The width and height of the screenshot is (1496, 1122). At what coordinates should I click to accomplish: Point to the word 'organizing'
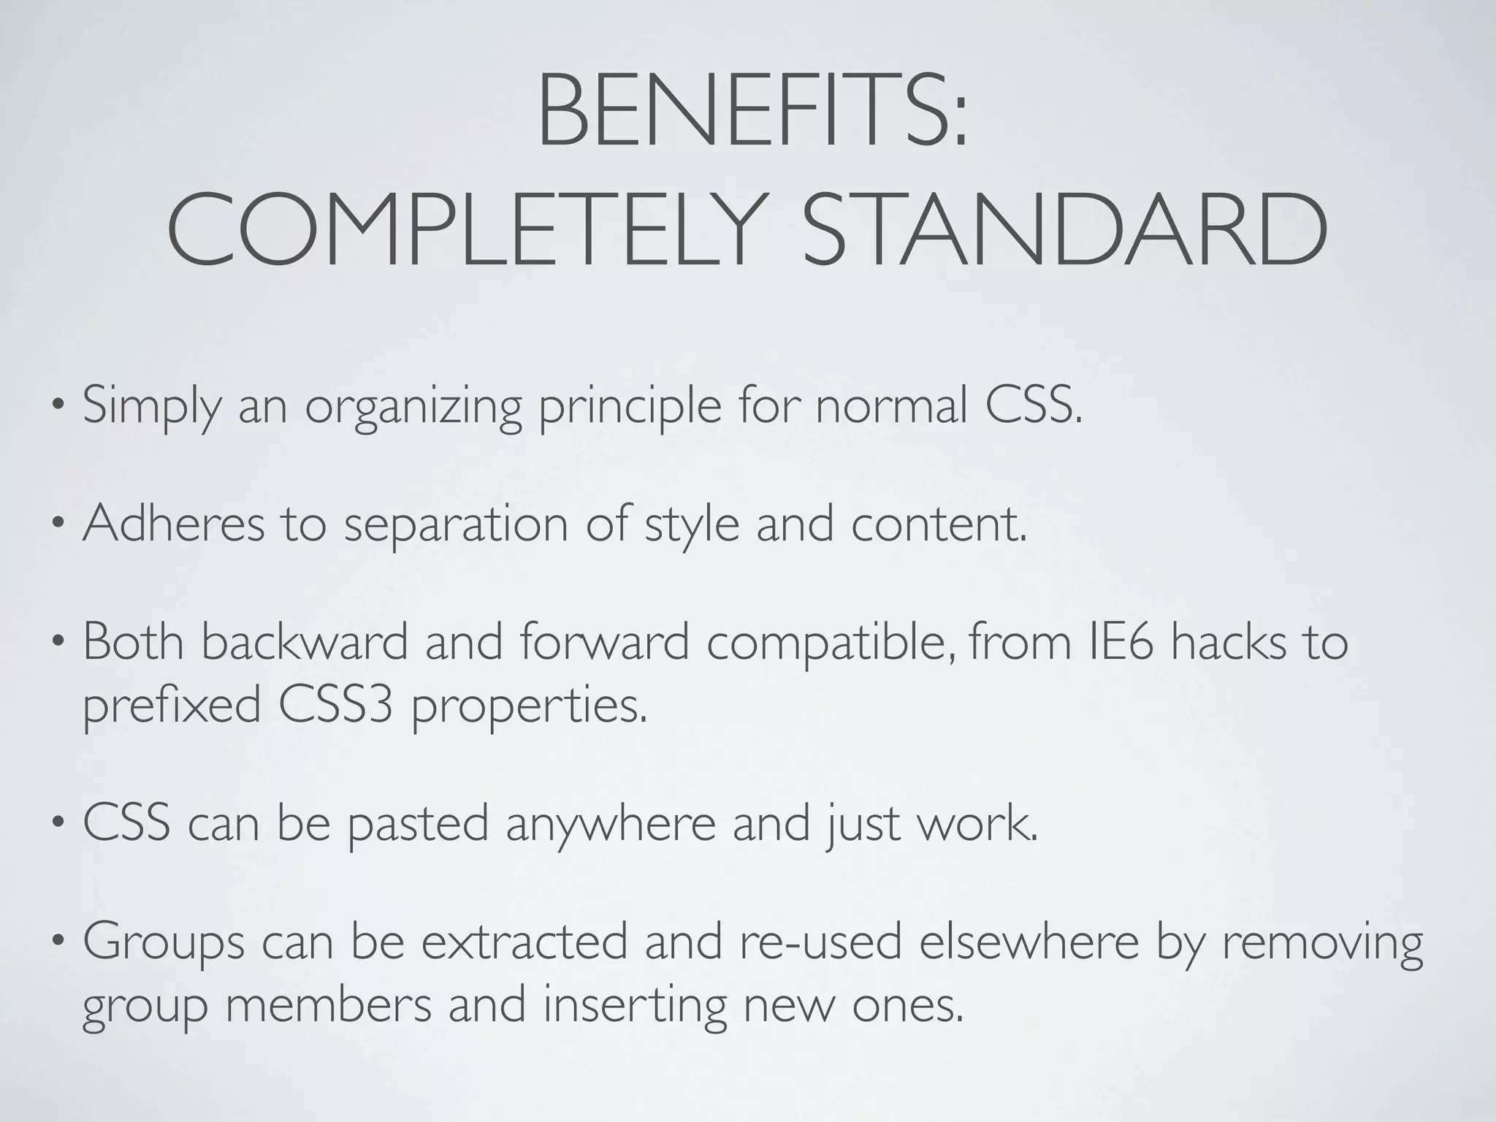click(x=413, y=408)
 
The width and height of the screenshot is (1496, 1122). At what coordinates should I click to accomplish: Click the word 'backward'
click(x=304, y=641)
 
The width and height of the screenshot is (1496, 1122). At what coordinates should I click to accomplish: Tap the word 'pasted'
click(x=417, y=824)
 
